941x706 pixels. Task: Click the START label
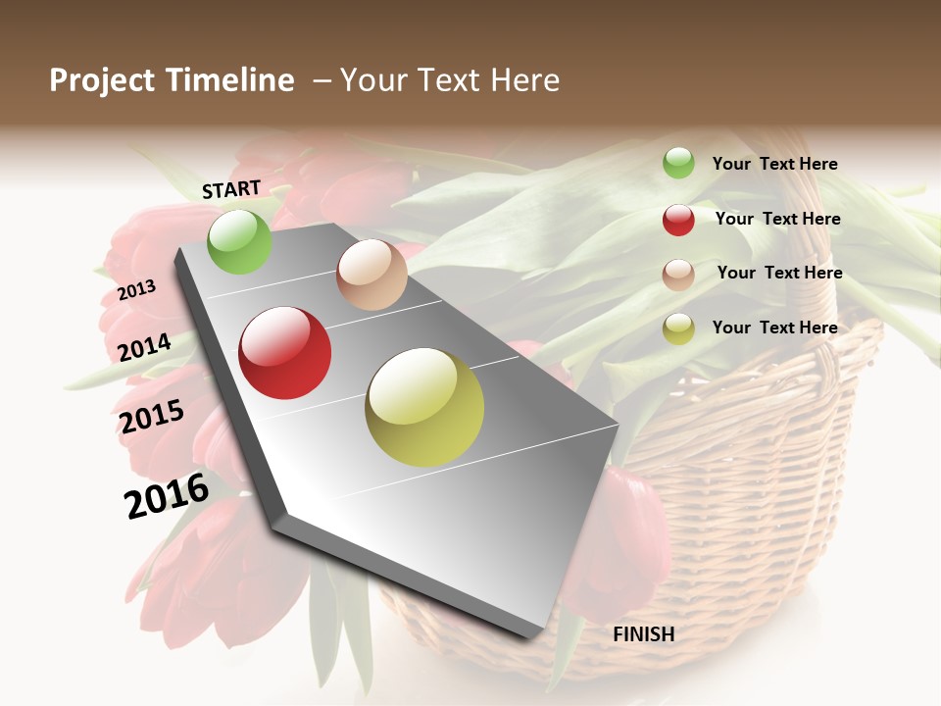tap(231, 189)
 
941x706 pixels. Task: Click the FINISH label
tap(644, 634)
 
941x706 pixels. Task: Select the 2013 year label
tap(137, 290)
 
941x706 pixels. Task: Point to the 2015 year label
tap(152, 416)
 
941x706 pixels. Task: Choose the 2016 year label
tap(167, 495)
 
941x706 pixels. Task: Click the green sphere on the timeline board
tap(239, 241)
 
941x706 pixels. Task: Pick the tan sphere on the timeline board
tap(371, 275)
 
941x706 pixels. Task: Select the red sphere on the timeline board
tap(285, 353)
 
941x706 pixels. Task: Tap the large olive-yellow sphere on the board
tap(424, 407)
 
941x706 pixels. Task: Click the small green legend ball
tap(678, 164)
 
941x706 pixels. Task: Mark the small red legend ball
tap(678, 220)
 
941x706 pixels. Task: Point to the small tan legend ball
tap(678, 275)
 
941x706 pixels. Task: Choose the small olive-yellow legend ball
tap(678, 328)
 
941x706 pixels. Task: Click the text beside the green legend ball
tap(774, 164)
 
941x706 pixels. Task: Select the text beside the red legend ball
tap(777, 219)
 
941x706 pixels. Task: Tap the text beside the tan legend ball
tap(779, 273)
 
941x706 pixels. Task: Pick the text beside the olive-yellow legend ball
tap(774, 328)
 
